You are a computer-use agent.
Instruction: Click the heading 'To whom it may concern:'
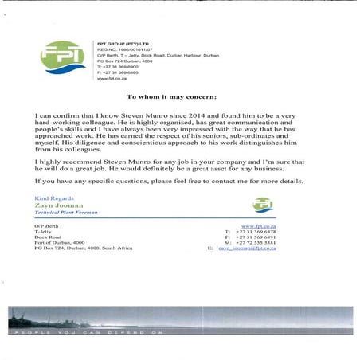pos(180,95)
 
